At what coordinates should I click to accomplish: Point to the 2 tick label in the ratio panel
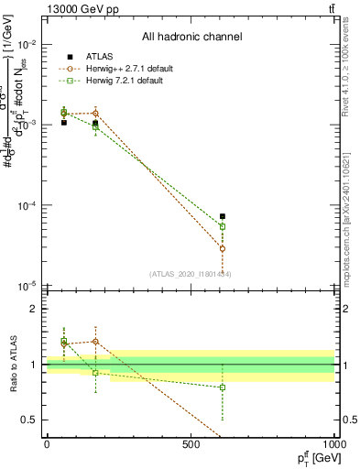[x=34, y=309]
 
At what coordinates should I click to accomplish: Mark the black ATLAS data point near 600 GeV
[x=223, y=216]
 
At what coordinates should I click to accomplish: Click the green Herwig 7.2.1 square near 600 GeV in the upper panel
[x=223, y=226]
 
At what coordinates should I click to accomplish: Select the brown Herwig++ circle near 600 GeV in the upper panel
[x=223, y=248]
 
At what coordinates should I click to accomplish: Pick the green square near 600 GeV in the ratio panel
[x=223, y=387]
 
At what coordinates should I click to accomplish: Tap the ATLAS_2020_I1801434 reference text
[x=191, y=274]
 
